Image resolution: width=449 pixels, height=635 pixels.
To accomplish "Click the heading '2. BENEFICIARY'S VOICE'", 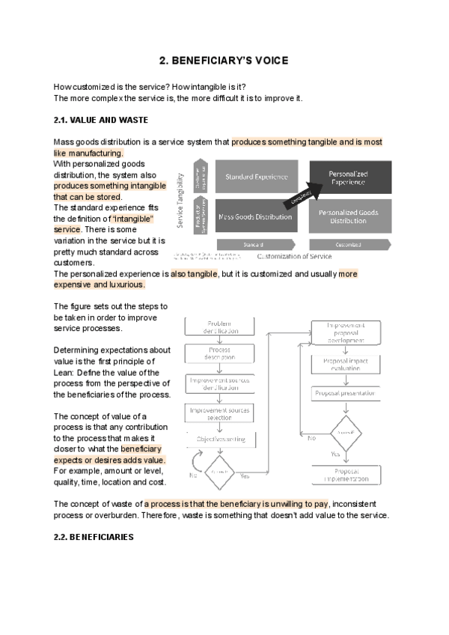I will [224, 60].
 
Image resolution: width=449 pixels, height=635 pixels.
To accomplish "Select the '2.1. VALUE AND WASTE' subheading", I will [101, 120].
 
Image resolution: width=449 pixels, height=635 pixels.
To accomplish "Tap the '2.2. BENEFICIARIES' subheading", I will [94, 537].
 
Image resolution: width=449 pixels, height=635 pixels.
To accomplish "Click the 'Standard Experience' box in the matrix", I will [257, 177].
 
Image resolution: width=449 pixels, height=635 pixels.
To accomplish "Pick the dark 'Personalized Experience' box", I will [349, 177].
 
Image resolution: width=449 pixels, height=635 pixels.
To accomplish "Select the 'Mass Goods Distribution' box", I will [257, 217].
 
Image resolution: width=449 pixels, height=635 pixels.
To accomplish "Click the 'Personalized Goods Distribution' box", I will [349, 217].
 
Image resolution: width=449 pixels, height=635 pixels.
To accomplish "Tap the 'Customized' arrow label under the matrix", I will [349, 244].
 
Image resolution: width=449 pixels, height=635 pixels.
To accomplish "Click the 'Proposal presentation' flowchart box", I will [345, 393].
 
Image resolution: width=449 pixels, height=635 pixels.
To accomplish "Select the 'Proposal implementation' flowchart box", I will [345, 475].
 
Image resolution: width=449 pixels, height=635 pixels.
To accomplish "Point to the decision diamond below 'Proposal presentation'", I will [345, 434].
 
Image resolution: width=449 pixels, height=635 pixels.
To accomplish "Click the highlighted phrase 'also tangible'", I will [194, 274].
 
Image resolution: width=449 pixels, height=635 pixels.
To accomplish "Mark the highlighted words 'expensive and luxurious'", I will [100, 285].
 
